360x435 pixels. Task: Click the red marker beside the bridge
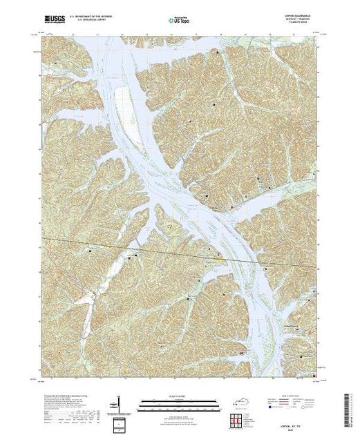[x=232, y=206]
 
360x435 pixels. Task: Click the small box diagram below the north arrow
[x=120, y=423]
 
